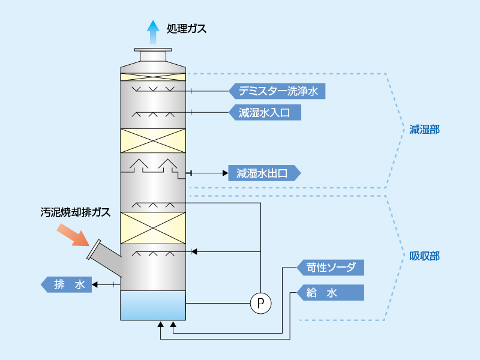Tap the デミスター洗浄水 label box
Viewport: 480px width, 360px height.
(x=277, y=91)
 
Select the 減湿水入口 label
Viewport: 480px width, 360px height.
(x=264, y=112)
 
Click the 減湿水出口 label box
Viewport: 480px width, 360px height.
(x=264, y=173)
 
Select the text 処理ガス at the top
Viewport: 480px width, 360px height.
(x=187, y=28)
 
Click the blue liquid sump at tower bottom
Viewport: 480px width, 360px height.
(x=153, y=305)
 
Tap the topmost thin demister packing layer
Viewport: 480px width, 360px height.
(x=153, y=77)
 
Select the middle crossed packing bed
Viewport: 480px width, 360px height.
(x=153, y=140)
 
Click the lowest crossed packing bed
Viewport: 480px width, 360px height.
(x=153, y=227)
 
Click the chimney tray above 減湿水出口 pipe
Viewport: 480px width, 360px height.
(x=153, y=166)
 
